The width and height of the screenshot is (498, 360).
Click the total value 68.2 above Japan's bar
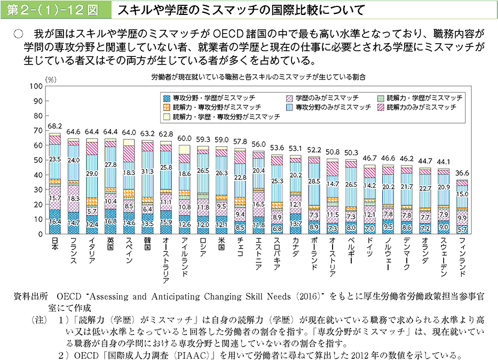(54, 126)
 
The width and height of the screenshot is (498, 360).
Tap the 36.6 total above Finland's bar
(462, 173)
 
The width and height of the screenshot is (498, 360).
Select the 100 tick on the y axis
(36, 86)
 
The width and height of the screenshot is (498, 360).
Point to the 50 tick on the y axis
(38, 160)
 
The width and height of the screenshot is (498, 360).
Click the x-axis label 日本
(54, 244)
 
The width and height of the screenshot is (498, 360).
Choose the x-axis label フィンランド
(462, 257)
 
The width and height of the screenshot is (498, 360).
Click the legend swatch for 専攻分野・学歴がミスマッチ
(167, 98)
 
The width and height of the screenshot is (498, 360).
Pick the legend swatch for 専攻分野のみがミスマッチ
(290, 107)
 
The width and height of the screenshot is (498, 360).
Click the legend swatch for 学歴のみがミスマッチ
(290, 98)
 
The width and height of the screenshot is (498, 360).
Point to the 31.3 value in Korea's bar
(147, 171)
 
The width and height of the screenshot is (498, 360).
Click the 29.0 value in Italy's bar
(91, 174)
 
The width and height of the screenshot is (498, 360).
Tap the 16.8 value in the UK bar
(110, 221)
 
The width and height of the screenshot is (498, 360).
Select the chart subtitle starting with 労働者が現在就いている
(251, 77)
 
